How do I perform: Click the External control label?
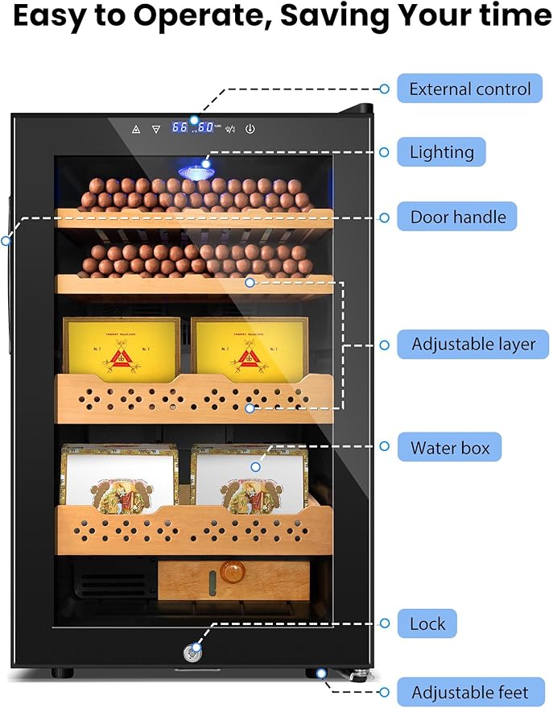470,89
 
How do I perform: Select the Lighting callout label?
442,151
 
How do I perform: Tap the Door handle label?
458,217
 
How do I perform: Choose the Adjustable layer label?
473,344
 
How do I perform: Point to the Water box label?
450,447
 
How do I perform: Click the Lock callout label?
427,623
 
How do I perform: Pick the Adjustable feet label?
470,692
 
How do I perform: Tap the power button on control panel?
250,128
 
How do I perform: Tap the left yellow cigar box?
121,348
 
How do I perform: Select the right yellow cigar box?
249,348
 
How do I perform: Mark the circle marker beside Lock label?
385,623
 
